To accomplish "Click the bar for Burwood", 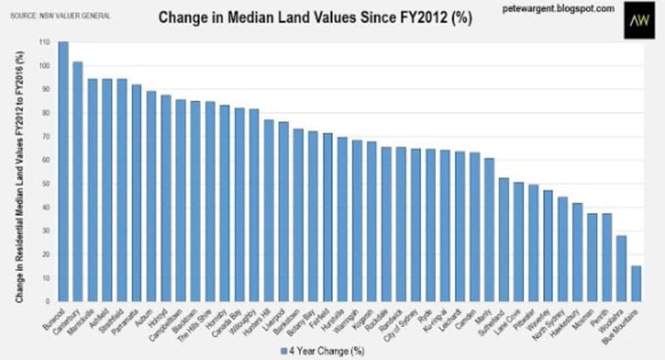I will (x=63, y=172).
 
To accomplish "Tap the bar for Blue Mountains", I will (x=636, y=284).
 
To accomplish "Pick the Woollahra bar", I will (x=621, y=269).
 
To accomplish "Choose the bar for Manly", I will (x=489, y=230).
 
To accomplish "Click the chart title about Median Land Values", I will (x=315, y=17).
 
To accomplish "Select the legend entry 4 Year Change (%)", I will (x=322, y=350).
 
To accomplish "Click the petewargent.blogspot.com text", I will (x=549, y=9).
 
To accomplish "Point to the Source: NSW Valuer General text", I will (x=60, y=16).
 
